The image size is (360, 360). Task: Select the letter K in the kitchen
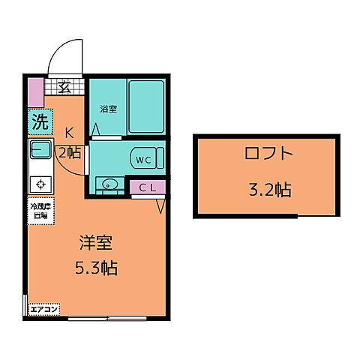pyautogui.click(x=68, y=133)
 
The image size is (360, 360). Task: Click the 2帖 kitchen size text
pyautogui.click(x=70, y=154)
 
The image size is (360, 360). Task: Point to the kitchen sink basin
pyautogui.click(x=39, y=150)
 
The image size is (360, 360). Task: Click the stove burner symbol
pyautogui.click(x=40, y=181)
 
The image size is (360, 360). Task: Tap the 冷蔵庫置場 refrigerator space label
pyautogui.click(x=39, y=211)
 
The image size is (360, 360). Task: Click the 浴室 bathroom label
pyautogui.click(x=108, y=109)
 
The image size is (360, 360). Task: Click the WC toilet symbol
pyautogui.click(x=143, y=159)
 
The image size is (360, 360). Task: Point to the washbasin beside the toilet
pyautogui.click(x=108, y=183)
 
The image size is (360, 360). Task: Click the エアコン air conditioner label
pyautogui.click(x=44, y=309)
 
